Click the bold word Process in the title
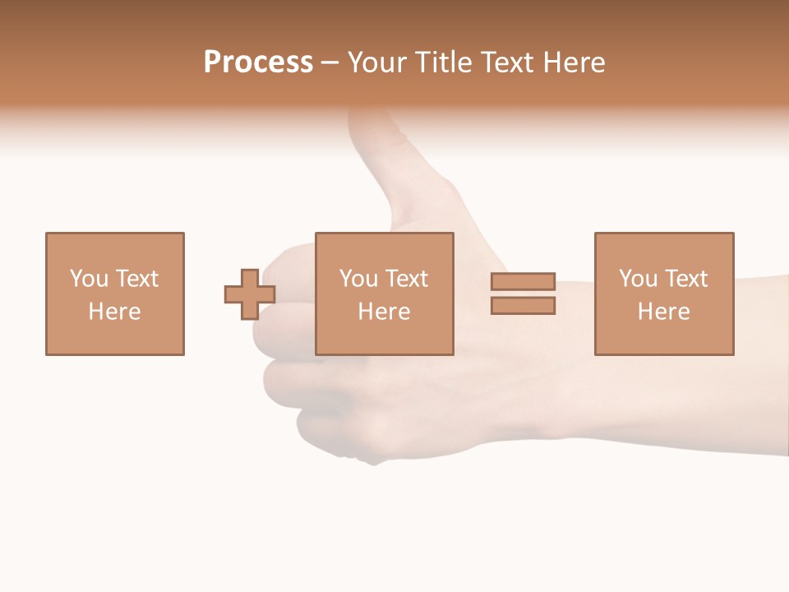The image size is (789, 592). (x=258, y=62)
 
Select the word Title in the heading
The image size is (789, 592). (x=445, y=62)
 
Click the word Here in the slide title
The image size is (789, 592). (x=575, y=62)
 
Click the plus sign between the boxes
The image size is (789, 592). (x=250, y=294)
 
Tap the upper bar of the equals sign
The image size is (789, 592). (x=523, y=282)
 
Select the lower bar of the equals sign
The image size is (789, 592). (x=523, y=306)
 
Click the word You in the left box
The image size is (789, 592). (x=88, y=279)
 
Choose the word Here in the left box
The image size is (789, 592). (x=114, y=312)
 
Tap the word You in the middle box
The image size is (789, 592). (x=358, y=279)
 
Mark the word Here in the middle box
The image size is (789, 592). (x=384, y=312)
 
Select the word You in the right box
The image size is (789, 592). (x=637, y=279)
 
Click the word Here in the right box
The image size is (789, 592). (x=663, y=312)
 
